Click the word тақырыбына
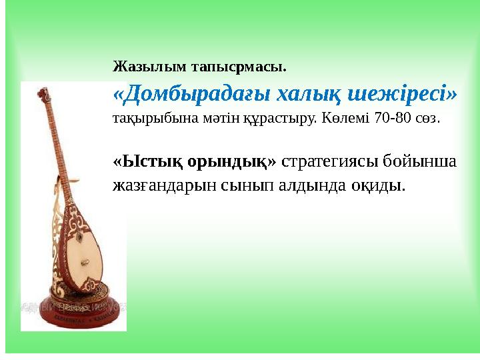point(145,120)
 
